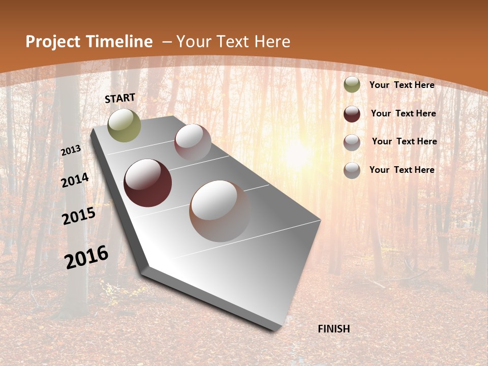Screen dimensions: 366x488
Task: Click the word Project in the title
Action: (x=51, y=42)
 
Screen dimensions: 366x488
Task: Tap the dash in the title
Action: (x=167, y=42)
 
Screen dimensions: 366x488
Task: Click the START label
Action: (x=120, y=98)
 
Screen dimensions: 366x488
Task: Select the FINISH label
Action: (x=334, y=329)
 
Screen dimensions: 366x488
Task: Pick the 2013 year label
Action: (x=71, y=150)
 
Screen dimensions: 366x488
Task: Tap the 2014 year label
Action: (x=75, y=180)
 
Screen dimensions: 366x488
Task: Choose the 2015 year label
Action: (x=79, y=216)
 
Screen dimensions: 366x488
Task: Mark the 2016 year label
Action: (x=86, y=257)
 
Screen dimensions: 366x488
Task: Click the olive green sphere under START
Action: (x=125, y=125)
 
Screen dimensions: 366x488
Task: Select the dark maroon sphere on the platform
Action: (x=147, y=183)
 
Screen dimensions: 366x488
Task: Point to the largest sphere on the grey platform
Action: (x=220, y=210)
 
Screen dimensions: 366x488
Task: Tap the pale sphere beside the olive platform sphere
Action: (x=193, y=142)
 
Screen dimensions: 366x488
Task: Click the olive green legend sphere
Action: (x=352, y=85)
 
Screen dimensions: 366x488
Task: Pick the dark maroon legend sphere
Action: (x=352, y=114)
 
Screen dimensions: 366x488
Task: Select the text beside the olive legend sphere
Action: (x=402, y=85)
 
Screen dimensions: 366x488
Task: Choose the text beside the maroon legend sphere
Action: (x=404, y=113)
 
